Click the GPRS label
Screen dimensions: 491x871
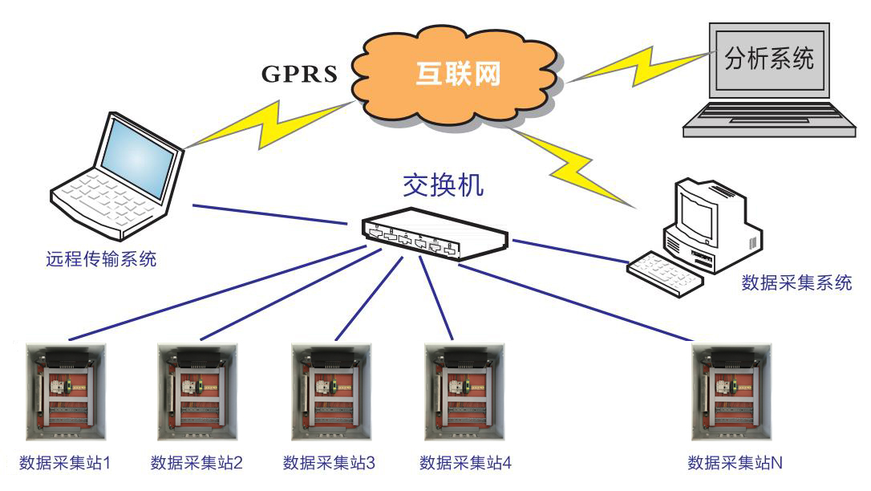click(x=299, y=73)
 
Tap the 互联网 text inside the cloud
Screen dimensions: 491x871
click(x=459, y=74)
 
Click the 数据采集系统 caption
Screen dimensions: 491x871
click(x=796, y=282)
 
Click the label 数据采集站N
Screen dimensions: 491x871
click(x=735, y=463)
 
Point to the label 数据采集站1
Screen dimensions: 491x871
click(x=63, y=463)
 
